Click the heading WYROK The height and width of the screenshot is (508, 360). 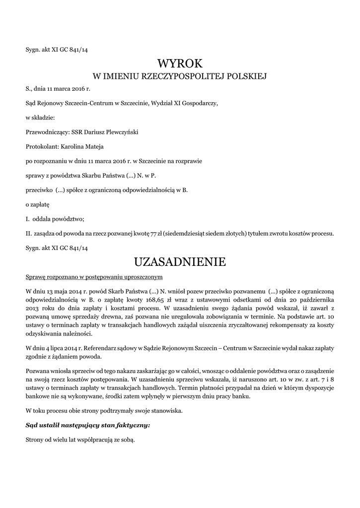180,63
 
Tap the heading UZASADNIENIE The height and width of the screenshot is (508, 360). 180,261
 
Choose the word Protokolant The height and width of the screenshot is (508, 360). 42,147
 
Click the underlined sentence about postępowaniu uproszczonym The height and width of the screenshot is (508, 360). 94,276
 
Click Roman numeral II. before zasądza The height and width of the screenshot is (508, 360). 28,233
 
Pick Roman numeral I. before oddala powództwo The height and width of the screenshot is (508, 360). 27,219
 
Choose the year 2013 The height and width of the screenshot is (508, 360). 32,309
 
